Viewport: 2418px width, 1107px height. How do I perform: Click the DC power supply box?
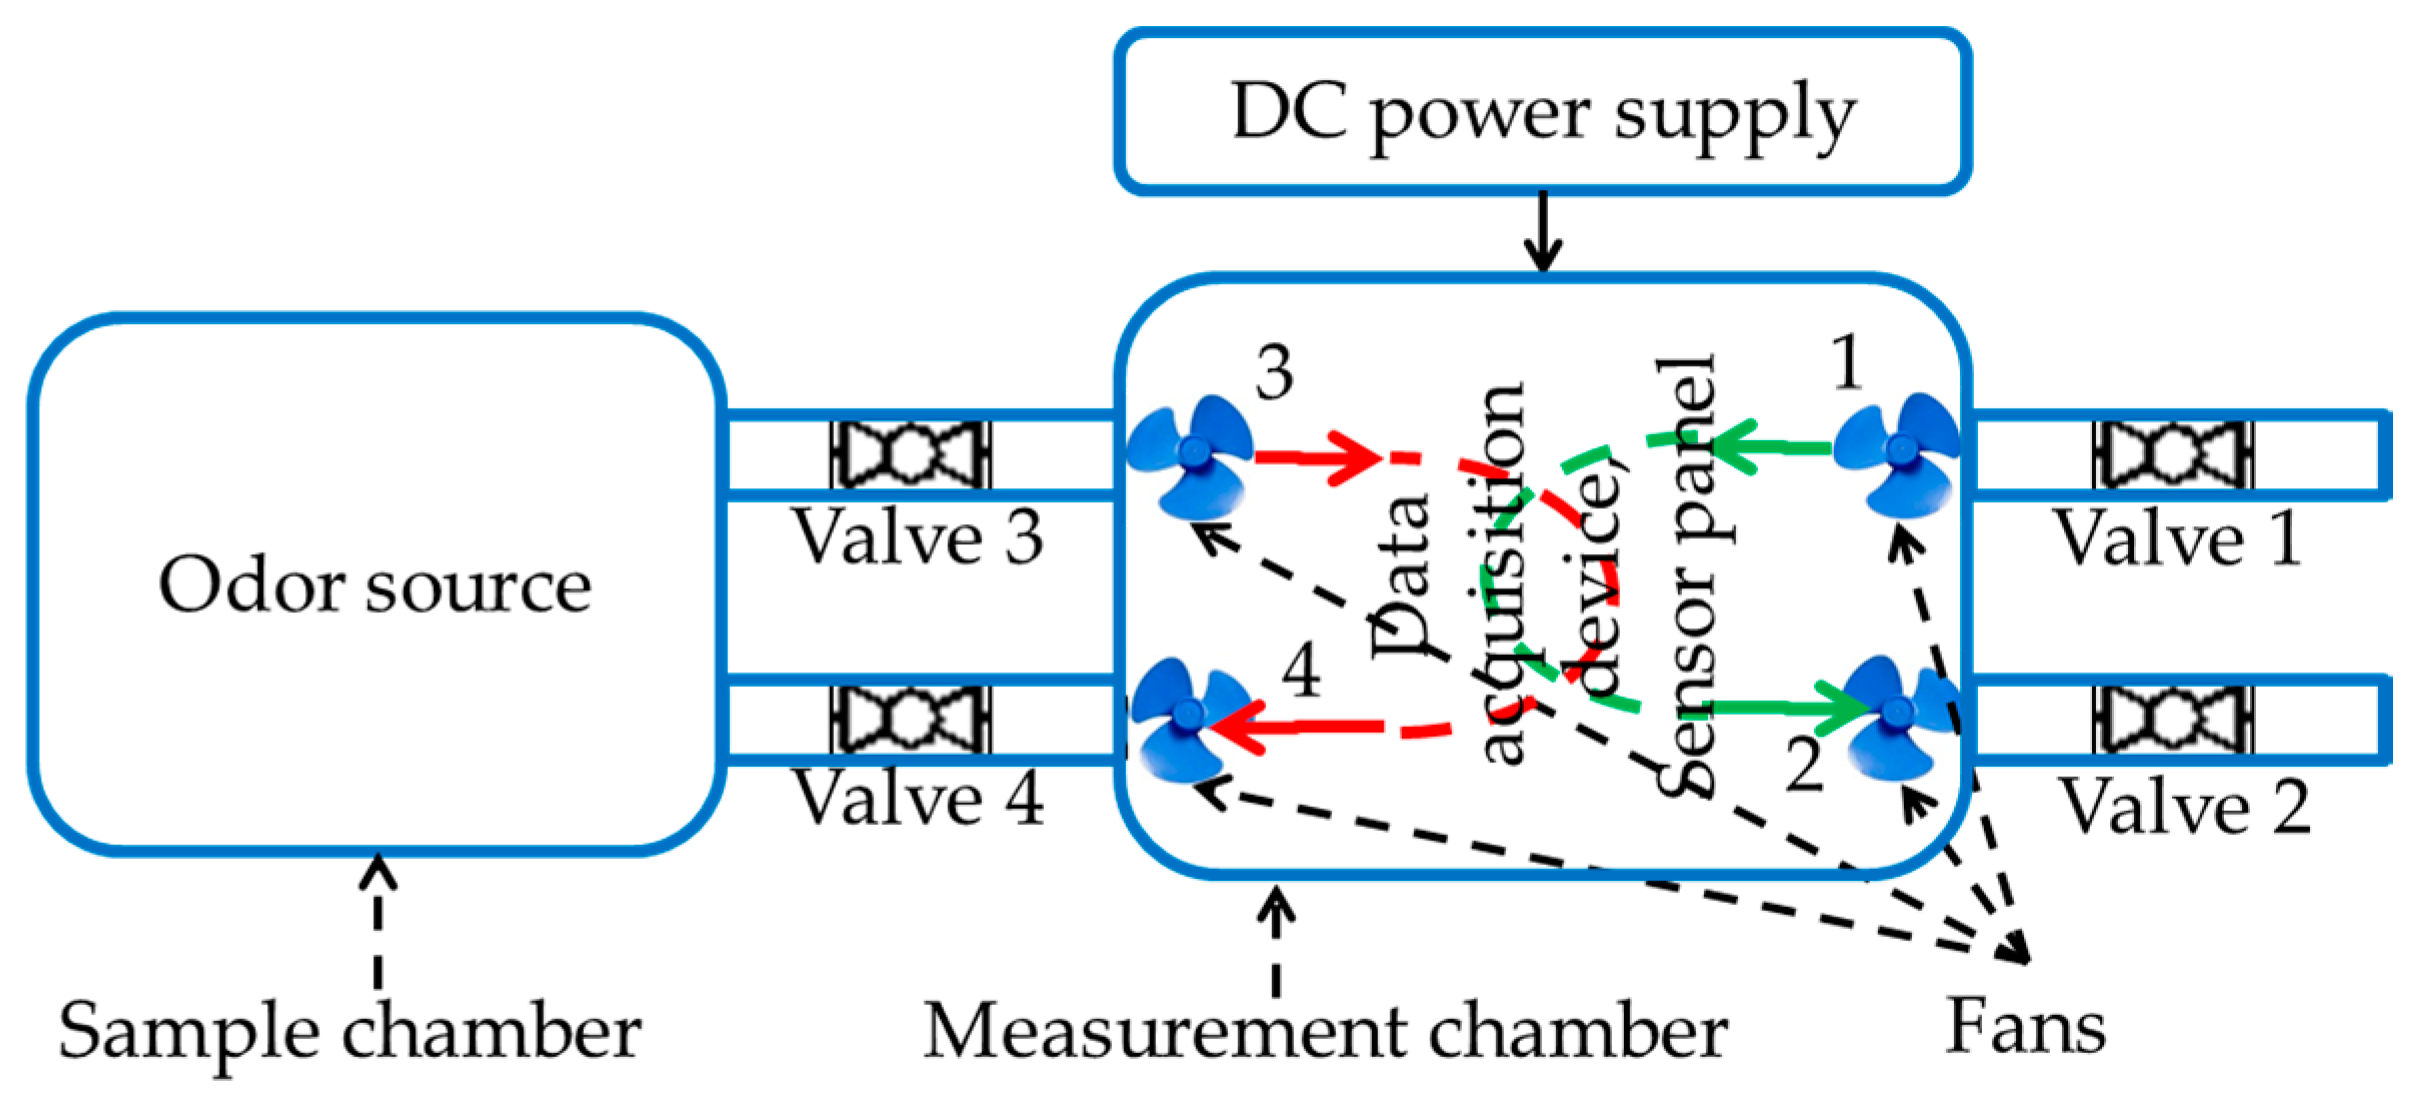(x=1542, y=112)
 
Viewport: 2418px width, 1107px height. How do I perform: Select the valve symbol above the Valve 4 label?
(x=910, y=719)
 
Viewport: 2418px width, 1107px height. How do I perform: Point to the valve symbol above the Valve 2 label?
(x=2172, y=719)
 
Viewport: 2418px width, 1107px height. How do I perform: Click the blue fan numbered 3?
(x=1190, y=455)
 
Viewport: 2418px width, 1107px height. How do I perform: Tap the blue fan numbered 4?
(x=1187, y=718)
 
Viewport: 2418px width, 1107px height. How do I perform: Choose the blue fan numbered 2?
(x=1897, y=715)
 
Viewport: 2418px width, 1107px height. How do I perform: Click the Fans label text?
(x=2026, y=1027)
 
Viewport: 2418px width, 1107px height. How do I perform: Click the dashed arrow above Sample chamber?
(x=378, y=920)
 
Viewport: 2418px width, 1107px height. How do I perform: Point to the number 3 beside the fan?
(x=1274, y=374)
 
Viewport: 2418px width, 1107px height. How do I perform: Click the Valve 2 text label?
(x=2184, y=806)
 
